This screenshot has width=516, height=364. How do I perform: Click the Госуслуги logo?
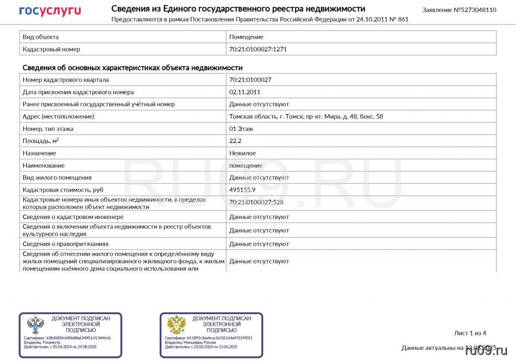coord(50,11)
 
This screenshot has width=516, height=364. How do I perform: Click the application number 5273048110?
coord(475,10)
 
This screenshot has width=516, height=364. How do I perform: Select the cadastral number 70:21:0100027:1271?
coord(258,49)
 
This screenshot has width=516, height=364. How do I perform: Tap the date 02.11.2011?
coord(245,92)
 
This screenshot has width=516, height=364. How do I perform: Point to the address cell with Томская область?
coord(306,116)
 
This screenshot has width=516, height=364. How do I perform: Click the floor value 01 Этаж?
coord(241,129)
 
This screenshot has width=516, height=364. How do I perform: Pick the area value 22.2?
coord(235,141)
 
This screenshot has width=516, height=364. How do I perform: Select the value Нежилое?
coord(242,153)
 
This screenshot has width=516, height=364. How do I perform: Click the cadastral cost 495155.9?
coord(242,190)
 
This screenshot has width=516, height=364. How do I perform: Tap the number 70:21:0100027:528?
coord(256,202)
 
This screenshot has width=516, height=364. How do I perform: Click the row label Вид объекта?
coord(41,37)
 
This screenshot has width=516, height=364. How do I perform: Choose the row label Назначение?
coord(39,153)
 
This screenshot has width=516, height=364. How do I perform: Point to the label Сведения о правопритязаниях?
coord(66,244)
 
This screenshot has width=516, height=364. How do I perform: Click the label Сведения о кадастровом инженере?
coord(73,217)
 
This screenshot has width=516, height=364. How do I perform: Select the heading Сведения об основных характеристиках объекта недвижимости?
coord(133,67)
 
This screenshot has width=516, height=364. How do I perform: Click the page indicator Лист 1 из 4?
coord(470,333)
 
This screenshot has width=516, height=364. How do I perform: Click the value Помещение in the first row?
coord(246,37)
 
